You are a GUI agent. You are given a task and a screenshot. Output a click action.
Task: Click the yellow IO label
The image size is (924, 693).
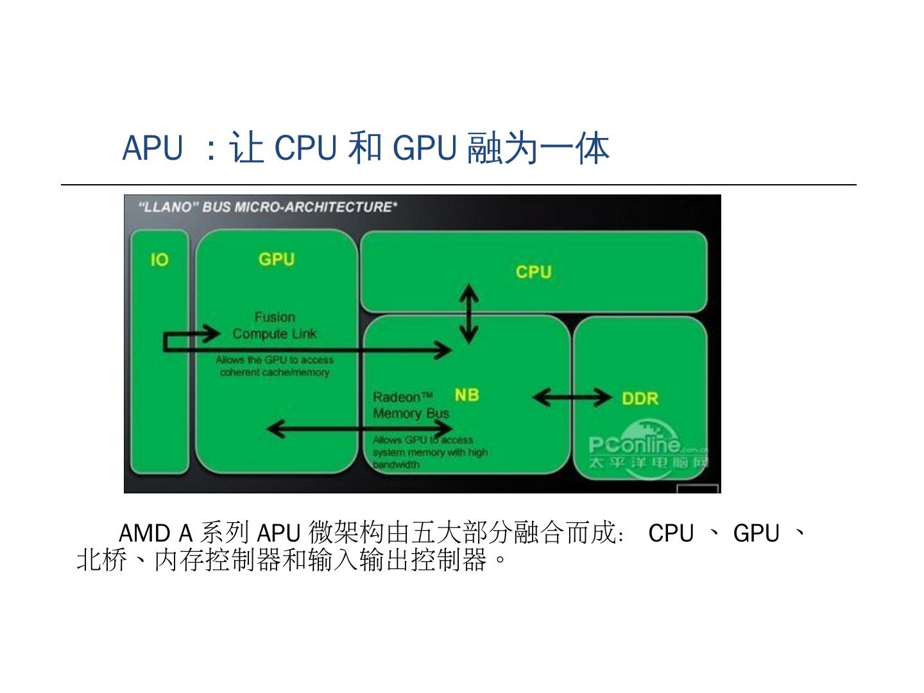click(x=159, y=260)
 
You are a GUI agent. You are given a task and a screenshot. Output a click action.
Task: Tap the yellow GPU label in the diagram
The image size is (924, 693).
click(x=277, y=259)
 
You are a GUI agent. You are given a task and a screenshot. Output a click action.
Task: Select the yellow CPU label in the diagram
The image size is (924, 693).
click(x=533, y=272)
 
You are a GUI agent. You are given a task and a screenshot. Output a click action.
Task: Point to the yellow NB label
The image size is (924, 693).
click(x=466, y=395)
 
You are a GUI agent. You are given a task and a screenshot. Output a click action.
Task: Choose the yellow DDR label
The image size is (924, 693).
click(x=640, y=398)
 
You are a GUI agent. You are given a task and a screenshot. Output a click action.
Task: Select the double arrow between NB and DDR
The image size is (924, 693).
click(x=572, y=398)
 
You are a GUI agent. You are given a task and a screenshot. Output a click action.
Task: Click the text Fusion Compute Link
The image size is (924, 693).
click(x=275, y=325)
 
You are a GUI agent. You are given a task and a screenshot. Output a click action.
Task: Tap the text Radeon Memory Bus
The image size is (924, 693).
click(x=411, y=406)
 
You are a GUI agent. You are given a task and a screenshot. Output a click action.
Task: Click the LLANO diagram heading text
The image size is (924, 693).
click(x=268, y=207)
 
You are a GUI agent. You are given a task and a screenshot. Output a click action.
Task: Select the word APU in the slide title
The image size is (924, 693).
click(x=152, y=148)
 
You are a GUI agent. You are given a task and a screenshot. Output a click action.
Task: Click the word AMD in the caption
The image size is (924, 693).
click(x=144, y=533)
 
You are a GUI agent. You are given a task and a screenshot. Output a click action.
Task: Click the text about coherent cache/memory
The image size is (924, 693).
click(x=275, y=366)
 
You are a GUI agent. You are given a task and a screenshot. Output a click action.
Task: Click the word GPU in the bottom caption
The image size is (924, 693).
click(x=756, y=533)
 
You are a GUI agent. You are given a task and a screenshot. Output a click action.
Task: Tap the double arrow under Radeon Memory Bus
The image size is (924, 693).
click(x=359, y=429)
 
